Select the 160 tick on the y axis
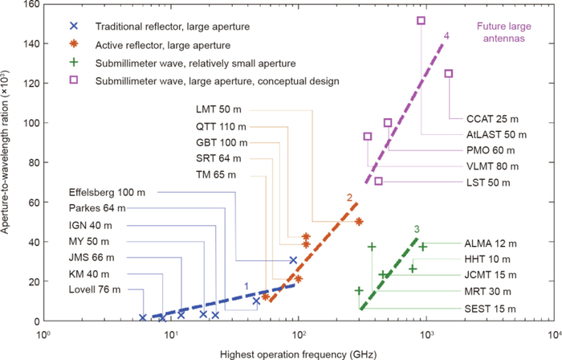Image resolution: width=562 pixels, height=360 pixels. click(x=30, y=4)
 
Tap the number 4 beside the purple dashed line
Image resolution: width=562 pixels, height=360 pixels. click(x=446, y=35)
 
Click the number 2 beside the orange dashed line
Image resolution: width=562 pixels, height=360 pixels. click(x=349, y=196)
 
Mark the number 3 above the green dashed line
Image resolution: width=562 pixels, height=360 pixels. click(x=417, y=230)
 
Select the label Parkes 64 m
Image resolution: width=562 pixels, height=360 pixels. click(x=101, y=207)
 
